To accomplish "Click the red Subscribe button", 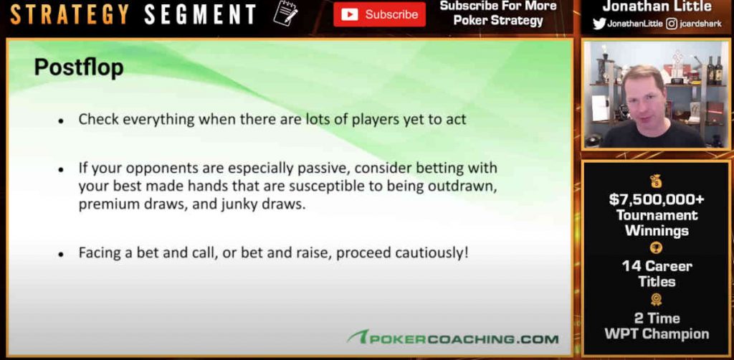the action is [380, 14].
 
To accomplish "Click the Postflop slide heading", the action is [79, 67].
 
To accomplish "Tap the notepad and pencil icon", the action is [285, 13].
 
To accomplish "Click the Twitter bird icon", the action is [599, 24].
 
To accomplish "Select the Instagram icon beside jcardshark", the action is [671, 24].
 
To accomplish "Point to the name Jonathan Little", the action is [657, 6].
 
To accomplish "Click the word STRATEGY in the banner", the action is [70, 14].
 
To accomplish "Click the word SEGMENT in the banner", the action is [201, 14].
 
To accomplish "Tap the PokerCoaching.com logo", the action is [453, 338].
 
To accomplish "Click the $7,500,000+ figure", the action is [657, 200].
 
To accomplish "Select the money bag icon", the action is [656, 181].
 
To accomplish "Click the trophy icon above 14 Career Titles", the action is [657, 248].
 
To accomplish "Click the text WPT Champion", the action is [657, 333].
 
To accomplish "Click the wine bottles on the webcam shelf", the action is [715, 70].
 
